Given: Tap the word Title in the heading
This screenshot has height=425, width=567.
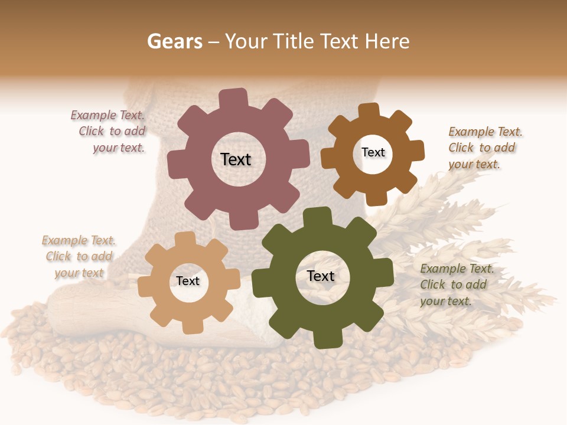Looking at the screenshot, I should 294,41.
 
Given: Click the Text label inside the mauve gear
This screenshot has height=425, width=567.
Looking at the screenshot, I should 236,159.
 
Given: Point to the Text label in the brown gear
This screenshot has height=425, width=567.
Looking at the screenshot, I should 373,152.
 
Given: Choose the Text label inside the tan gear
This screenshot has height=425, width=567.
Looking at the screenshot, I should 188,281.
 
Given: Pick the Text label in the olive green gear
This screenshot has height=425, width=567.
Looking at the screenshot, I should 321,276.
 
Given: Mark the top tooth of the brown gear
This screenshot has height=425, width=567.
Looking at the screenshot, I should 369,111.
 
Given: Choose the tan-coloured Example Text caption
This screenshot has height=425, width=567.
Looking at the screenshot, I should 79,256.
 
